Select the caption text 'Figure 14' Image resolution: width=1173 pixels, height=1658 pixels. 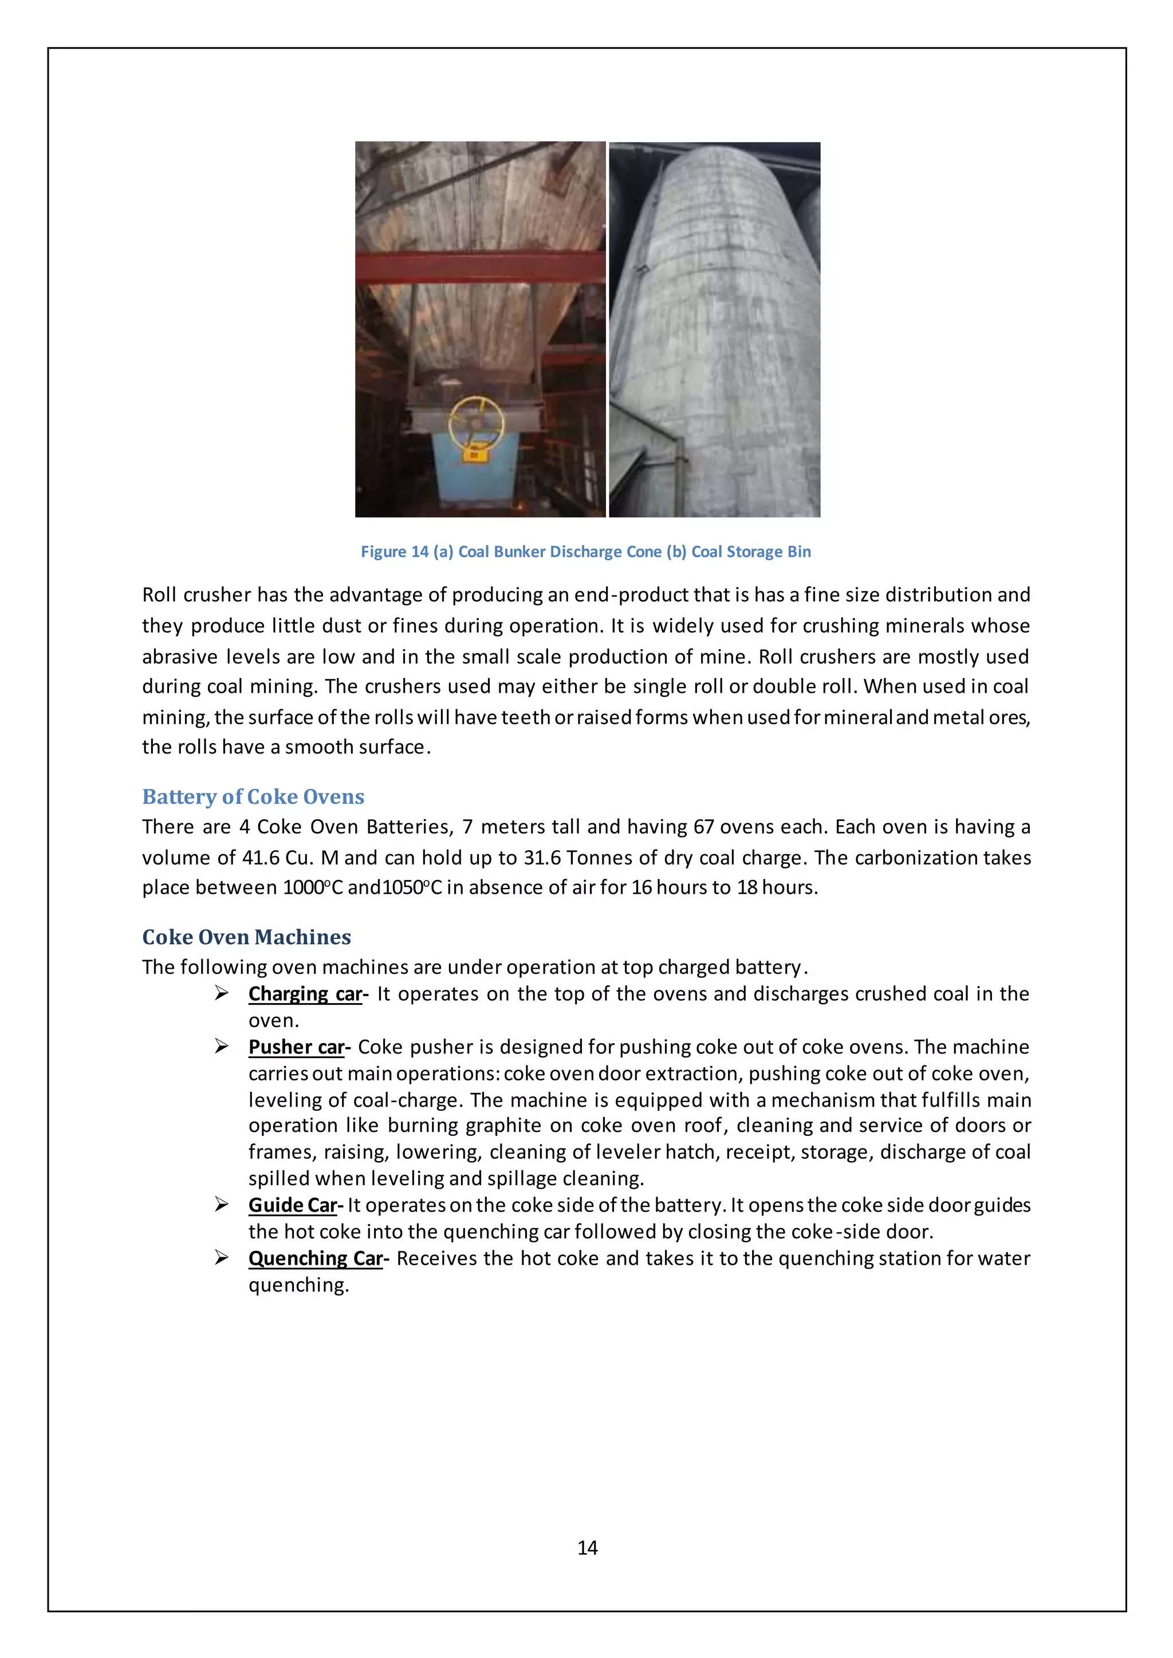point(395,552)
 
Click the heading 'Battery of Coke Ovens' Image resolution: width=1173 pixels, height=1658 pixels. point(253,796)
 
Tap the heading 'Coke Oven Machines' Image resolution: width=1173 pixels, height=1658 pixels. point(246,937)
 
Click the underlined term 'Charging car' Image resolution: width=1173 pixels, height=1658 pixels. point(305,994)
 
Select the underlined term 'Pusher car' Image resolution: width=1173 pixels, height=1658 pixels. point(296,1047)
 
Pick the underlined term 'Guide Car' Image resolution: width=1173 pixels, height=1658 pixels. point(293,1205)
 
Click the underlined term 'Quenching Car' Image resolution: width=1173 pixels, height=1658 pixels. point(315,1258)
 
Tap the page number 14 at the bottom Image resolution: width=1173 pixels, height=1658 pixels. point(587,1548)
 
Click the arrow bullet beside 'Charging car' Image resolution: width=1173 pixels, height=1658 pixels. point(222,994)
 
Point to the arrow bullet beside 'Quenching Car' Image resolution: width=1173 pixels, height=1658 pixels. point(222,1258)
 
